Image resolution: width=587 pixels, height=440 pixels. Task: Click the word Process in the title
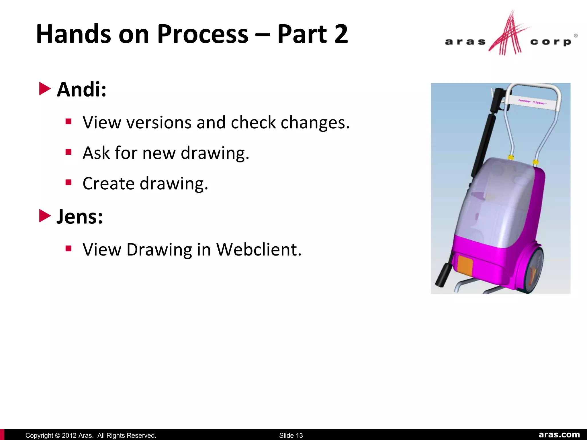[203, 34]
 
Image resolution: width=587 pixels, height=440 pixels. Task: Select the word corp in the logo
[550, 42]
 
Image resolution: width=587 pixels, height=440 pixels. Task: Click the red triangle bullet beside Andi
[45, 89]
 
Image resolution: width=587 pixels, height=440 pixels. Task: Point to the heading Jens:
[79, 217]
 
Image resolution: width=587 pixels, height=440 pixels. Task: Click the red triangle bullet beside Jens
[45, 216]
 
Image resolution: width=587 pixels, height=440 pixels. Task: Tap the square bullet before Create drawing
[68, 182]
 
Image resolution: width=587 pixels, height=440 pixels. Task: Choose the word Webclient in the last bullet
[259, 250]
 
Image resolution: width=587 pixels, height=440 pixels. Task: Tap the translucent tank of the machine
[499, 201]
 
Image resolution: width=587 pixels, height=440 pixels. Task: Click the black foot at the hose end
[443, 276]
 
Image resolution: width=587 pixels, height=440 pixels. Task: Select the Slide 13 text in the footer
[291, 435]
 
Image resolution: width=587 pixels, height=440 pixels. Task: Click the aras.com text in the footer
[559, 435]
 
